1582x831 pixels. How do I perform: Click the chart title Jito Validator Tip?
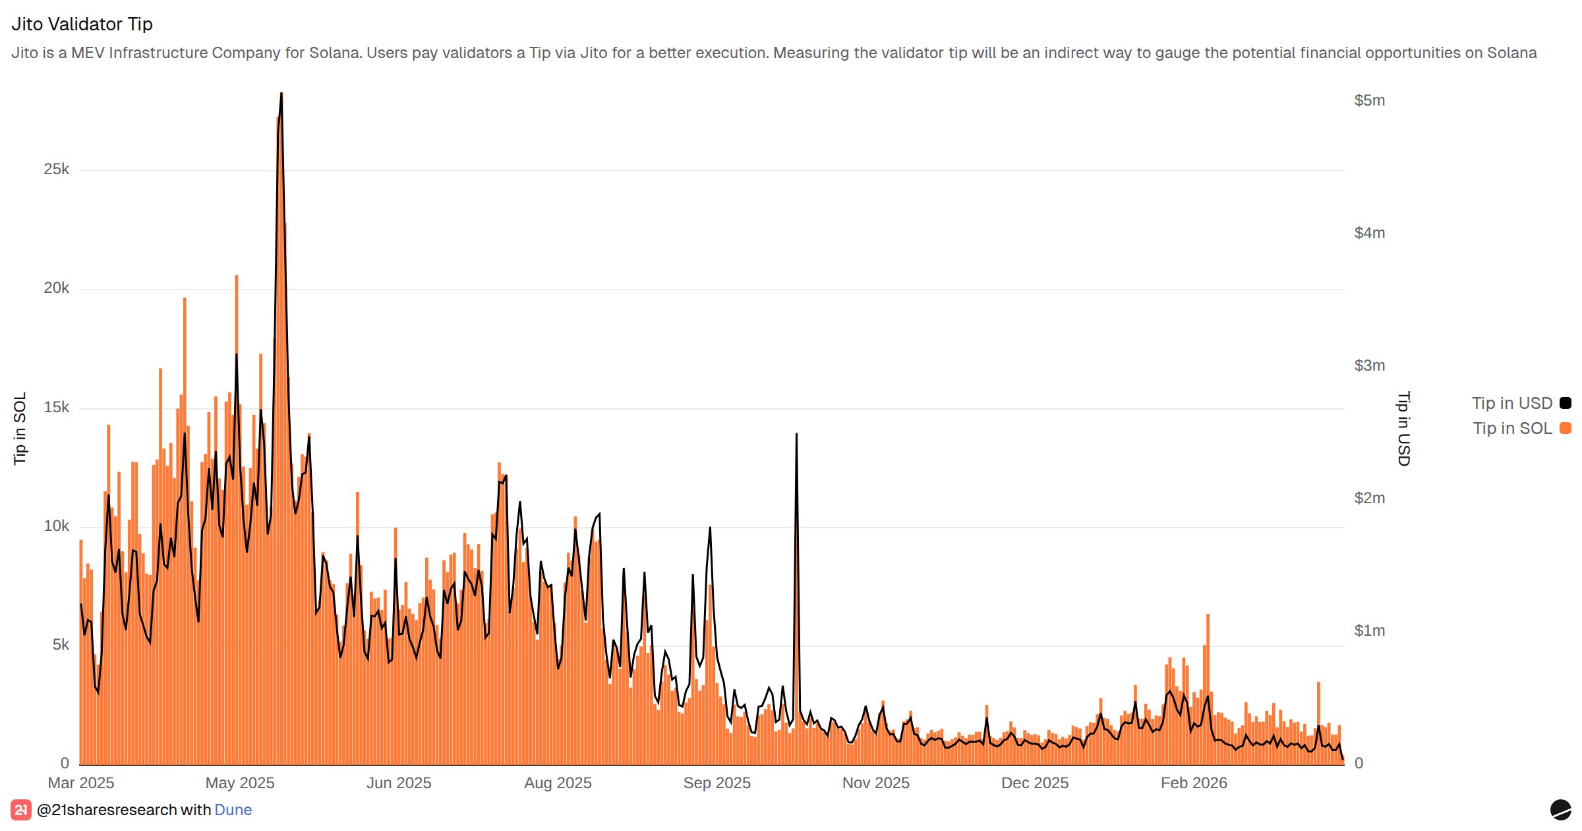82,24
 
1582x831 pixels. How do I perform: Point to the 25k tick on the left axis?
57,169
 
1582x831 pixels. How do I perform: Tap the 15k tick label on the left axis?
57,408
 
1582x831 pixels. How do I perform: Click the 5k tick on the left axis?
61,645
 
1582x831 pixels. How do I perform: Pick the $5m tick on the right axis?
1369,100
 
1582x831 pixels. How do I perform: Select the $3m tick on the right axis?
1369,365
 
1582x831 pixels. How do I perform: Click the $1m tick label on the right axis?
1369,631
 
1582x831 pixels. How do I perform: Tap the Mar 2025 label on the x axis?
81,783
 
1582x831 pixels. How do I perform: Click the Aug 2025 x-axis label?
558,783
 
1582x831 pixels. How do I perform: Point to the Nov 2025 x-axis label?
875,783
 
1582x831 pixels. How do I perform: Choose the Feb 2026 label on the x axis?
1194,783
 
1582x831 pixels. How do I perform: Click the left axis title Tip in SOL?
20,428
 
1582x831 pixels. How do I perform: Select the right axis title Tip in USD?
1403,429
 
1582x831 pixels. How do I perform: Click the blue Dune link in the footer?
233,810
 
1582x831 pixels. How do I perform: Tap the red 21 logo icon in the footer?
20,810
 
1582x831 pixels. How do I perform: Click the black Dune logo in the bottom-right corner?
1560,809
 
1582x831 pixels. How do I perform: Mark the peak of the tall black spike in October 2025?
796,434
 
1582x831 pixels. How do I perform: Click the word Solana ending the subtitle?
1511,53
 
